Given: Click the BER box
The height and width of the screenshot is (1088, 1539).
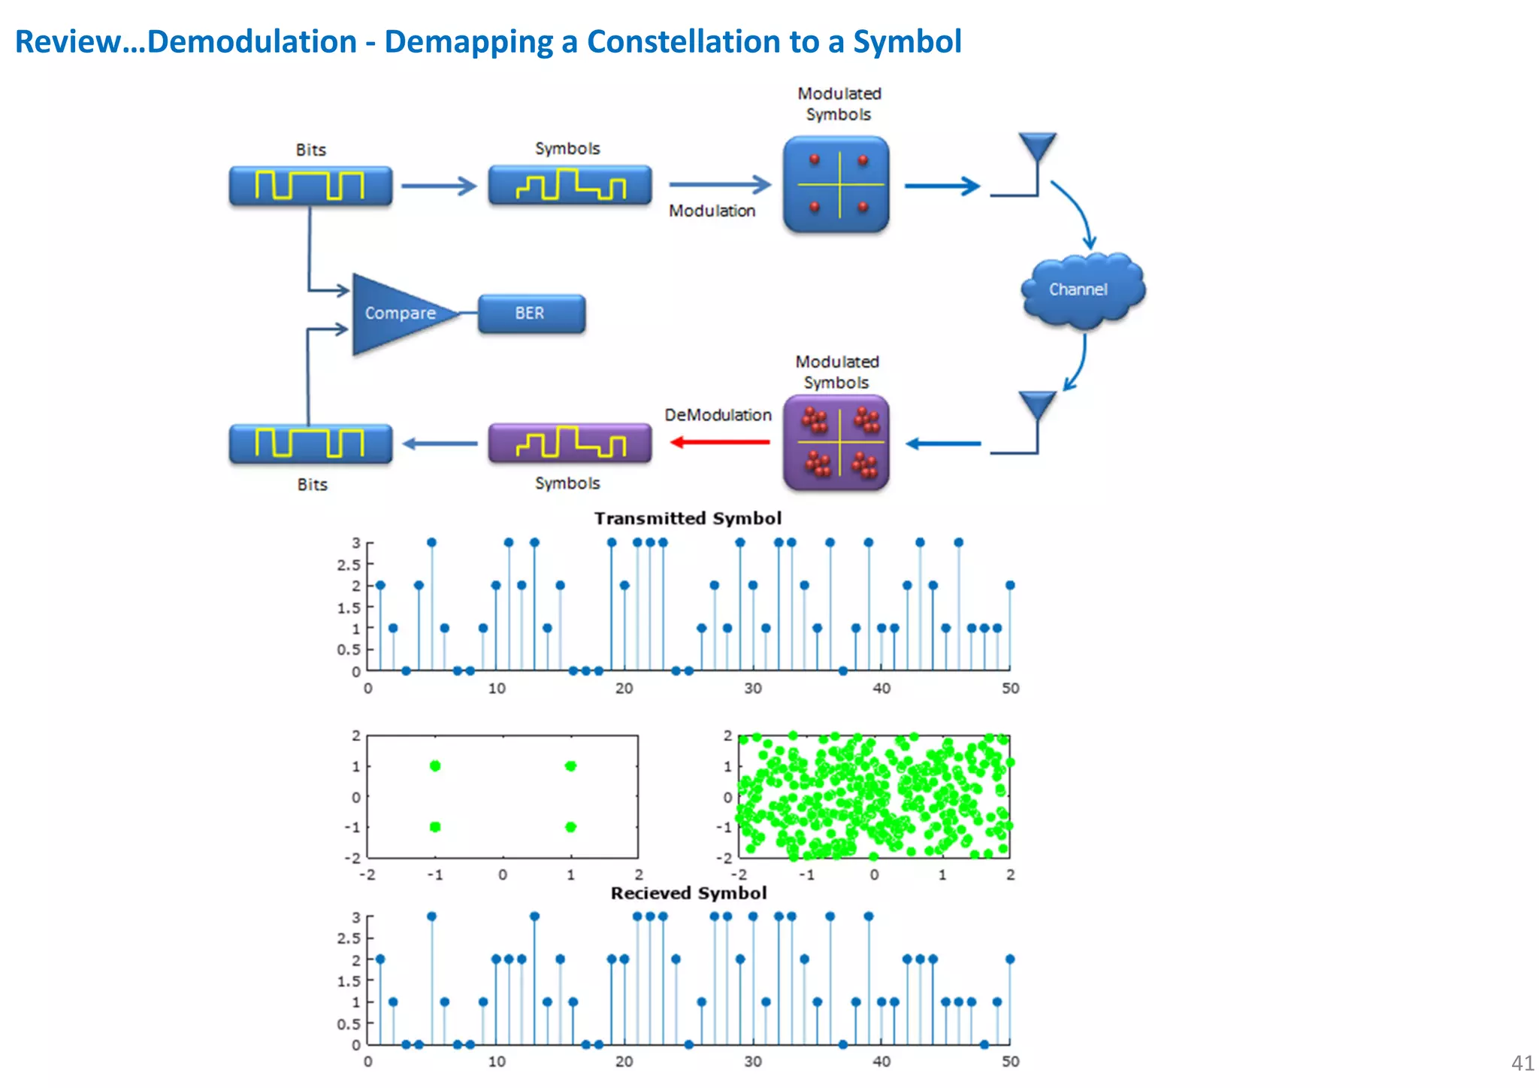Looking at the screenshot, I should (531, 314).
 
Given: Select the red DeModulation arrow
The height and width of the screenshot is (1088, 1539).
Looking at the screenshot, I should (719, 442).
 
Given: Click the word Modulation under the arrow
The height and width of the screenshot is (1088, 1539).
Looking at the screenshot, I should (712, 211).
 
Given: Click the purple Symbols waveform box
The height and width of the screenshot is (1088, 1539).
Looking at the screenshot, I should (570, 443).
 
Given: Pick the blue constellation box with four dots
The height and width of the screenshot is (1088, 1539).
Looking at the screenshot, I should (836, 184).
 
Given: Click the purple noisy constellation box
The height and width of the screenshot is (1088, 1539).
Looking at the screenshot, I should (836, 443).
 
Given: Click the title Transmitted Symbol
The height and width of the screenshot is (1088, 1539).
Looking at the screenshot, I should (687, 519).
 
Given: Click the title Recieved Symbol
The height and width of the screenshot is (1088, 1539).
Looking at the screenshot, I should (688, 893).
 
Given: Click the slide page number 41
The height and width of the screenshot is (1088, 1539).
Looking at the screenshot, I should (1522, 1062).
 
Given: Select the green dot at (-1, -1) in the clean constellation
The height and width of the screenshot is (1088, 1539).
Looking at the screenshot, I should (435, 827).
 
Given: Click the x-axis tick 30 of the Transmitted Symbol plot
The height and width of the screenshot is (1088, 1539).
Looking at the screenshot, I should (752, 689).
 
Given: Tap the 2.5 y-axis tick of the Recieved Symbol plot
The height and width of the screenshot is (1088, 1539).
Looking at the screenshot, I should (349, 938).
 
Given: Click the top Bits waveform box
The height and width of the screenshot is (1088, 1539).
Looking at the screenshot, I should (310, 186).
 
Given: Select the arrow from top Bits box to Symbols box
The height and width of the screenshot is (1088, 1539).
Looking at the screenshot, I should (439, 186).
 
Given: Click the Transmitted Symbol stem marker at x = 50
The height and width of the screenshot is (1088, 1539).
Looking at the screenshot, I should (1010, 585).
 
